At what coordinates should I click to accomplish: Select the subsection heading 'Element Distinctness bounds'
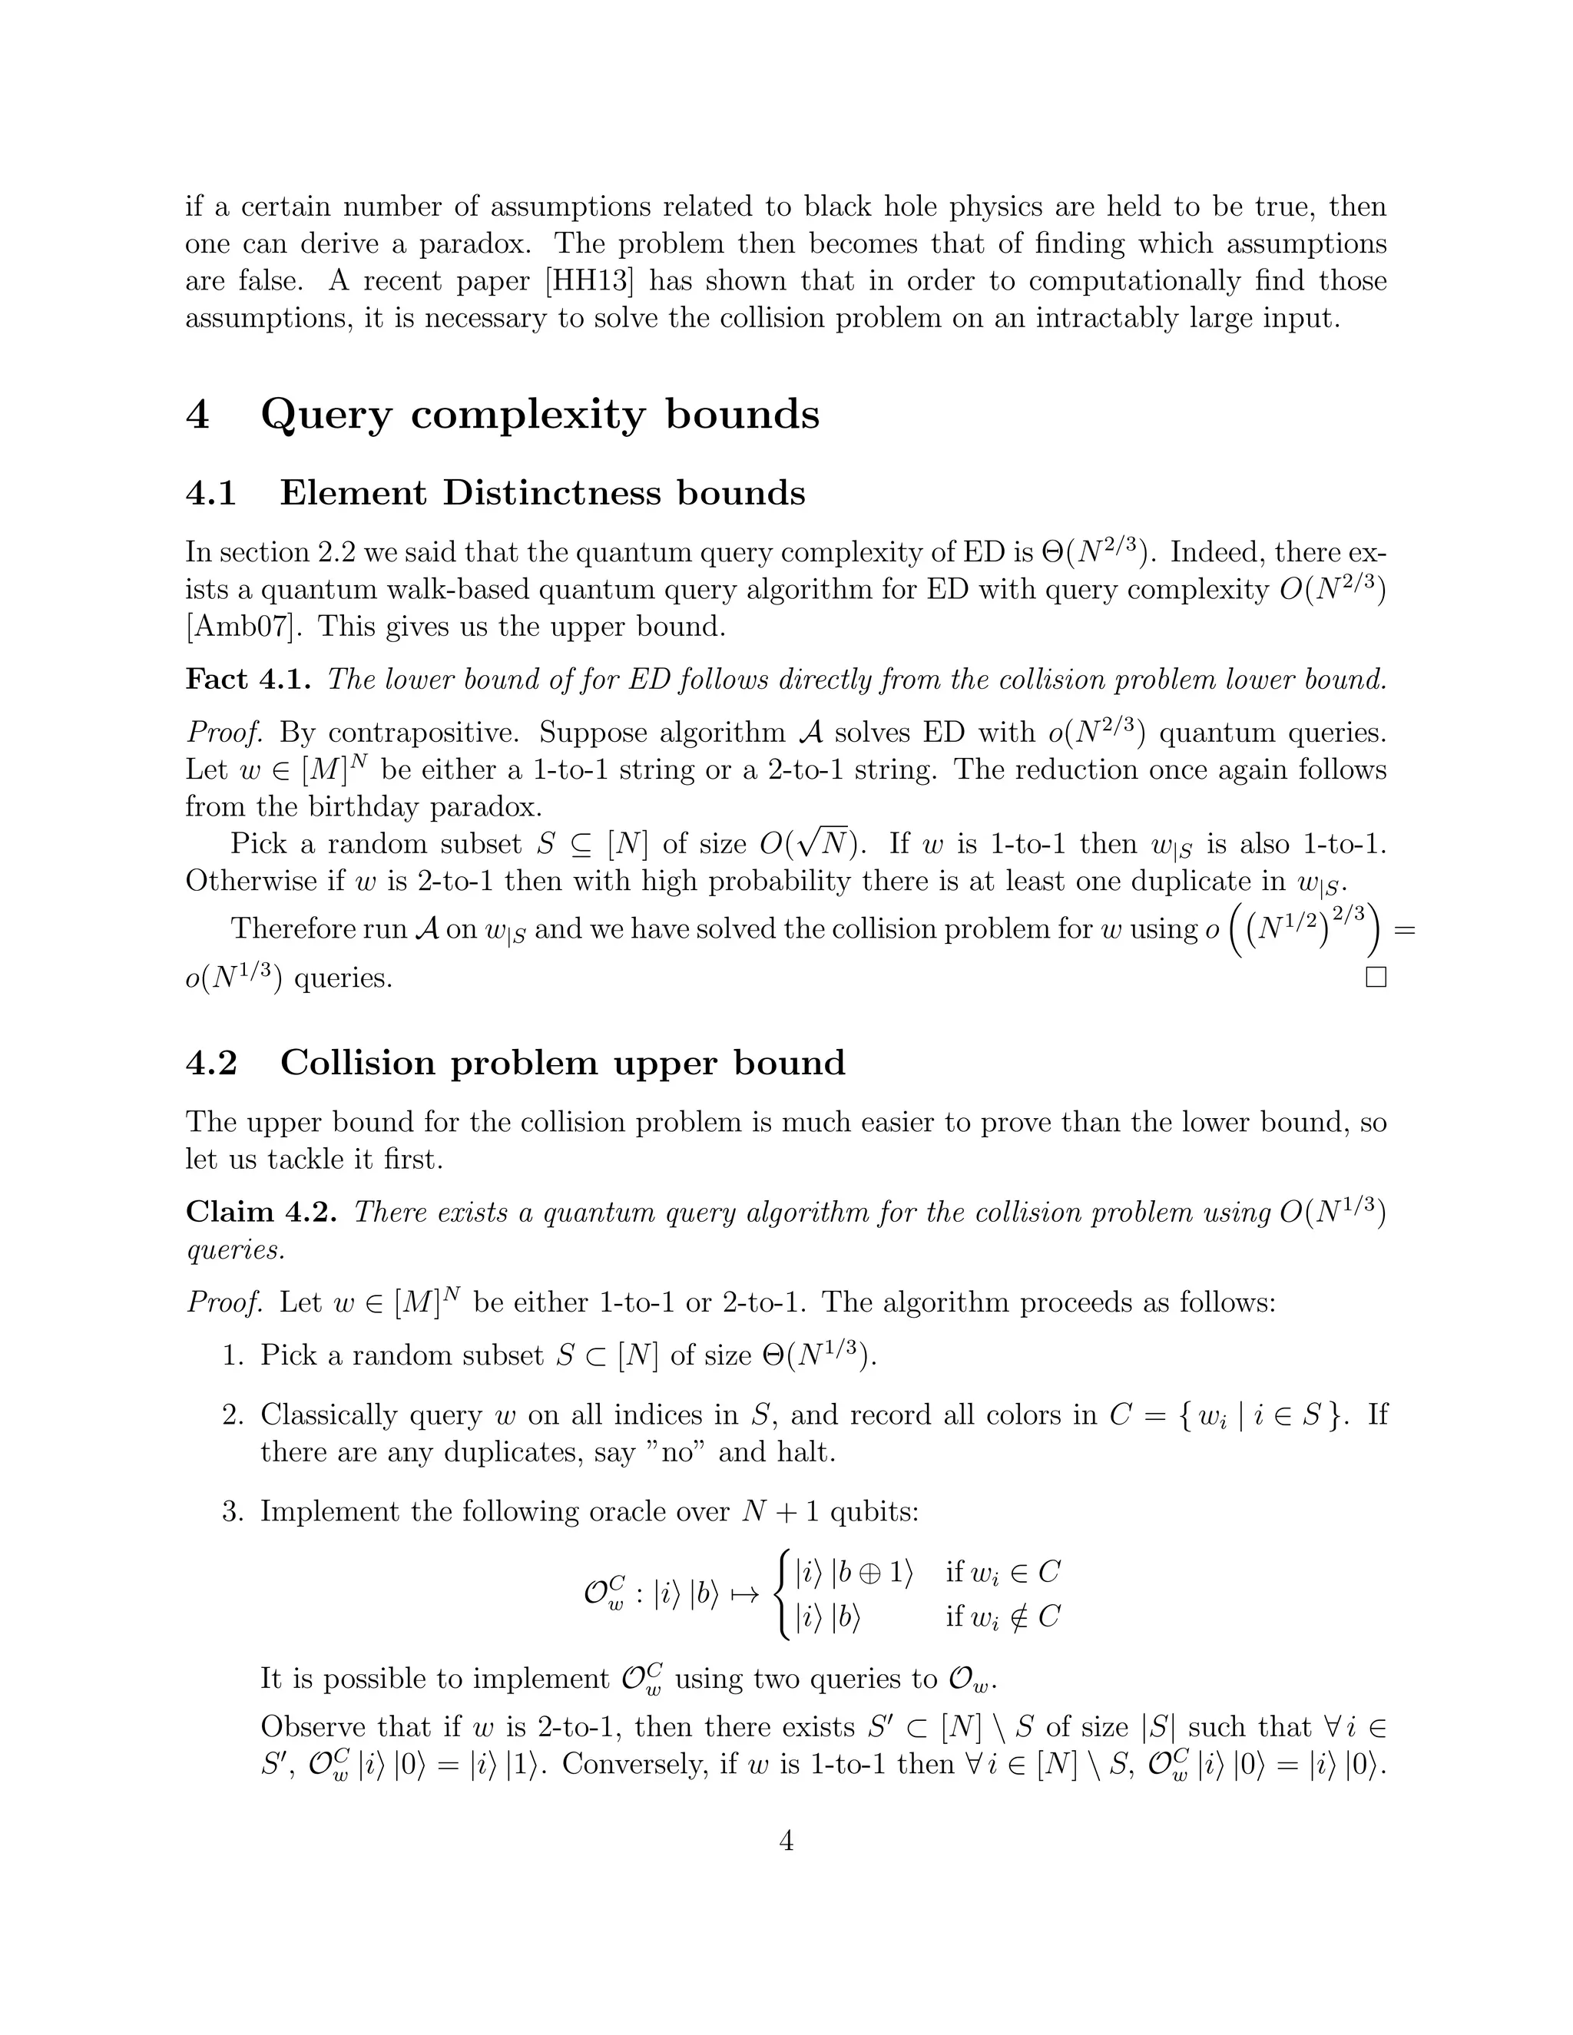click(x=542, y=493)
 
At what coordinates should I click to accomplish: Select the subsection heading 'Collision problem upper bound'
click(x=562, y=1062)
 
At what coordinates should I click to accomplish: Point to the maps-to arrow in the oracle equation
click(x=744, y=1594)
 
